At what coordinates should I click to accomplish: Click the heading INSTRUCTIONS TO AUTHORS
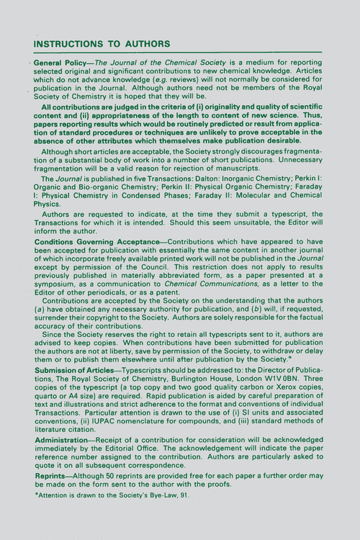pyautogui.click(x=102, y=43)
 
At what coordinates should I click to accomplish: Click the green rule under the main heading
pyautogui.click(x=180, y=53)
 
